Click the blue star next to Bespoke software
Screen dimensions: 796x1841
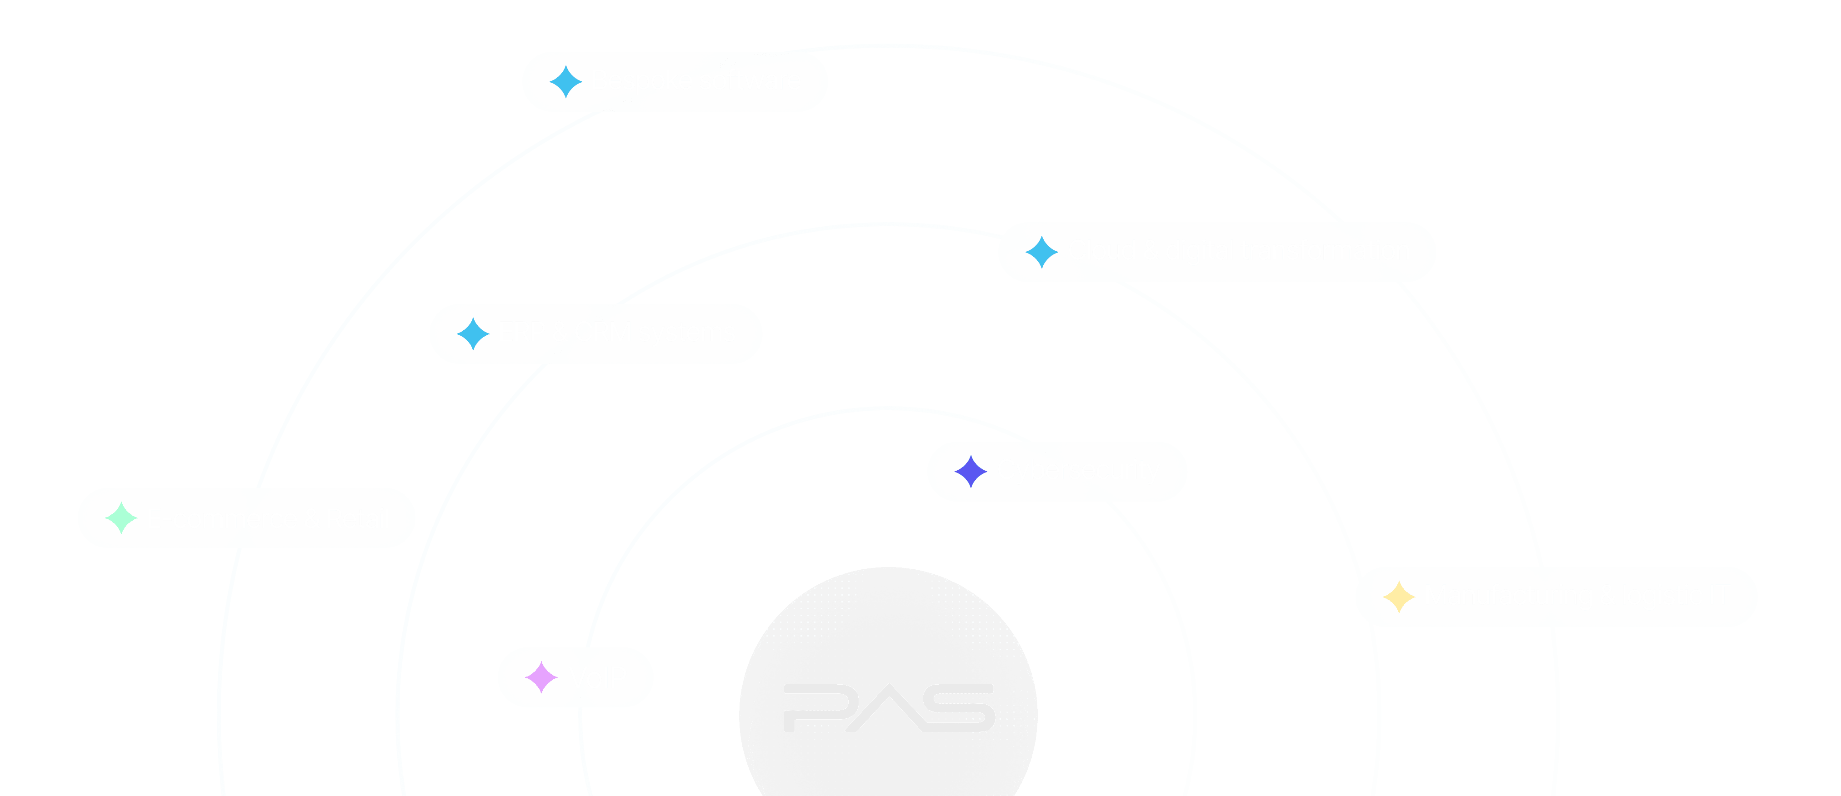click(566, 81)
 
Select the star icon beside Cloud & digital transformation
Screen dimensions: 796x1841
click(1041, 252)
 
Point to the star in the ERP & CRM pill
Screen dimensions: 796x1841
click(473, 333)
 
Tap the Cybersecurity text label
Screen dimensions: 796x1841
click(1078, 470)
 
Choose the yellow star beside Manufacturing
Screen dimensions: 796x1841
click(1399, 597)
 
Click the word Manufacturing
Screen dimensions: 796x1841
click(1509, 595)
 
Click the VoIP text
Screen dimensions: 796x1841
click(597, 677)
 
